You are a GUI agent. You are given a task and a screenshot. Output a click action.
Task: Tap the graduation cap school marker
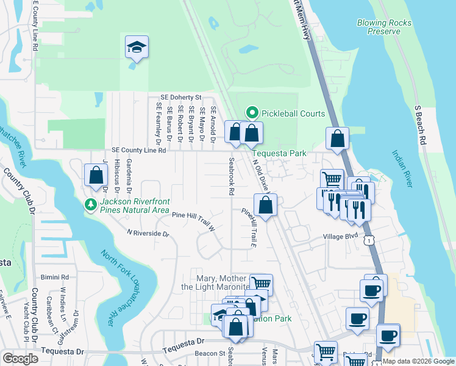coord(137,48)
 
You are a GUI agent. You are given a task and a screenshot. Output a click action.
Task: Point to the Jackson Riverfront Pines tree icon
coord(91,204)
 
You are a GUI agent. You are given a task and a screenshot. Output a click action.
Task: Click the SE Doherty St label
coord(181,97)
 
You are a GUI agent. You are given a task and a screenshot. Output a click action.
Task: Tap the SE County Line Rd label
coord(139,149)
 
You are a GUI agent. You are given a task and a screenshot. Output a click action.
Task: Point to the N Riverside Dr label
coord(148,232)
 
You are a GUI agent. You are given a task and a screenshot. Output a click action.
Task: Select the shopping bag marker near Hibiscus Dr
coord(96,176)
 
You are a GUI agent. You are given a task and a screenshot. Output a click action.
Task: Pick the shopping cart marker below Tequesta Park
coord(332,179)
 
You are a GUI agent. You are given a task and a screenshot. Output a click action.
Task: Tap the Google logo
coord(21,359)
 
